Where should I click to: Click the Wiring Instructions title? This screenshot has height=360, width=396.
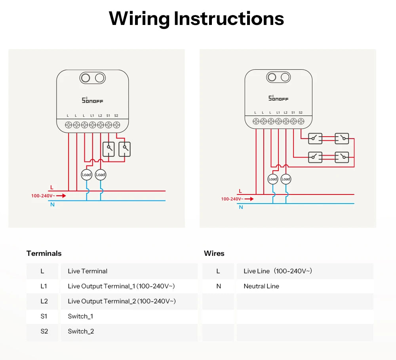(x=196, y=19)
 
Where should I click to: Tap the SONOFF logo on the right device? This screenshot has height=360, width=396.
(x=278, y=98)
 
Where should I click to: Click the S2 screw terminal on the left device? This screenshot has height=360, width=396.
(x=116, y=125)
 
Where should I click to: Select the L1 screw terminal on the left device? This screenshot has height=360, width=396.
(x=92, y=125)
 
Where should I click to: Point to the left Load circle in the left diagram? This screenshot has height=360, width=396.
(x=86, y=175)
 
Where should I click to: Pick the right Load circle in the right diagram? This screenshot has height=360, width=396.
(x=286, y=179)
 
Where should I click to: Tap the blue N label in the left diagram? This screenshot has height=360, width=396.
(x=52, y=205)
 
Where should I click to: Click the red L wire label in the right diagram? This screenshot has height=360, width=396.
(x=240, y=191)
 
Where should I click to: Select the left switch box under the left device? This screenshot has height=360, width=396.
(x=109, y=149)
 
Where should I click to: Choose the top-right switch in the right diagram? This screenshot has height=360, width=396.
(x=342, y=139)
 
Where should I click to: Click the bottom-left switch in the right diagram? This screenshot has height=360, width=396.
(x=315, y=157)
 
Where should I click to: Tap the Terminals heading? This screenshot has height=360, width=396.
(x=44, y=253)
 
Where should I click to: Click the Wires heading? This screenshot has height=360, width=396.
(x=214, y=253)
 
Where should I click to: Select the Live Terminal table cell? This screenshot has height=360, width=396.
(x=88, y=271)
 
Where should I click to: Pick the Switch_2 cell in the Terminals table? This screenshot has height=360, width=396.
(x=81, y=331)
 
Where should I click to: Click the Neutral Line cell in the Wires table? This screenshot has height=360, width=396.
(x=261, y=286)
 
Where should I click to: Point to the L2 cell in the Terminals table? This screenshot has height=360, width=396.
(x=44, y=301)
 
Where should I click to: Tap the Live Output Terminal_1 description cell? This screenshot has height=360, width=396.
(x=121, y=286)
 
